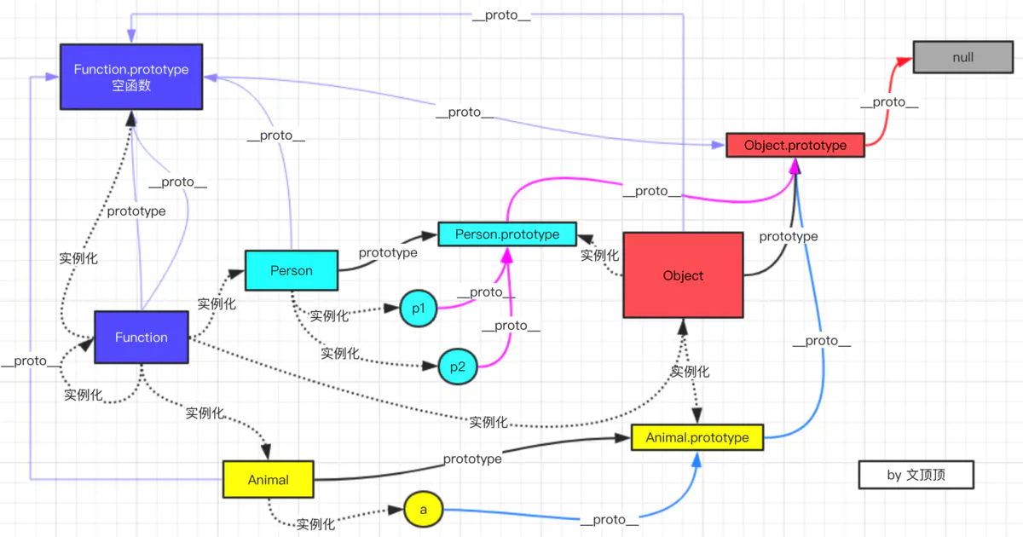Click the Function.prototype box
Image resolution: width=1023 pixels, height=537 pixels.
point(130,77)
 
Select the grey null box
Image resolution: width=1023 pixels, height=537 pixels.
point(962,57)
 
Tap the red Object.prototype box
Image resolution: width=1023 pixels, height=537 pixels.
point(795,145)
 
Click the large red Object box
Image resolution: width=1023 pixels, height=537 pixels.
point(683,275)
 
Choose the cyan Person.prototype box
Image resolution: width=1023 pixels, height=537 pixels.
point(507,234)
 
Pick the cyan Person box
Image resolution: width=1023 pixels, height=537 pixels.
point(292,270)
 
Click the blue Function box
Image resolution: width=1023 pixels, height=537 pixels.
point(142,338)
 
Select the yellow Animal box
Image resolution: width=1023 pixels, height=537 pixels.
point(268,479)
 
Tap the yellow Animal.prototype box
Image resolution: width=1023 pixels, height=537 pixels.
point(696,437)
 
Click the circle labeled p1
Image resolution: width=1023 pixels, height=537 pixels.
point(418,309)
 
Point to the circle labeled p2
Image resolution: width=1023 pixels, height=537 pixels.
point(457,367)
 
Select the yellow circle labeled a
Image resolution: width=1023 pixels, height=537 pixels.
point(423,509)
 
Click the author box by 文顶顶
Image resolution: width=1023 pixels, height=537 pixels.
point(916,475)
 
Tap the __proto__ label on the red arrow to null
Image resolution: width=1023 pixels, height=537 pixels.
point(888,102)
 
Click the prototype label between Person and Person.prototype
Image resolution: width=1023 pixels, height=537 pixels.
point(388,253)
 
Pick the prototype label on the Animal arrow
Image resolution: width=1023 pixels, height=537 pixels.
point(472,459)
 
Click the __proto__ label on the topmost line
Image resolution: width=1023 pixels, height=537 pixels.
point(501,16)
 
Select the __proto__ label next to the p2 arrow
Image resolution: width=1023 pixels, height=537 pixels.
point(511,326)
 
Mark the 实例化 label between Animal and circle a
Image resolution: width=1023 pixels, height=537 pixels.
point(315,524)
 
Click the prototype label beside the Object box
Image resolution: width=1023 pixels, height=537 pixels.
point(789,236)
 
